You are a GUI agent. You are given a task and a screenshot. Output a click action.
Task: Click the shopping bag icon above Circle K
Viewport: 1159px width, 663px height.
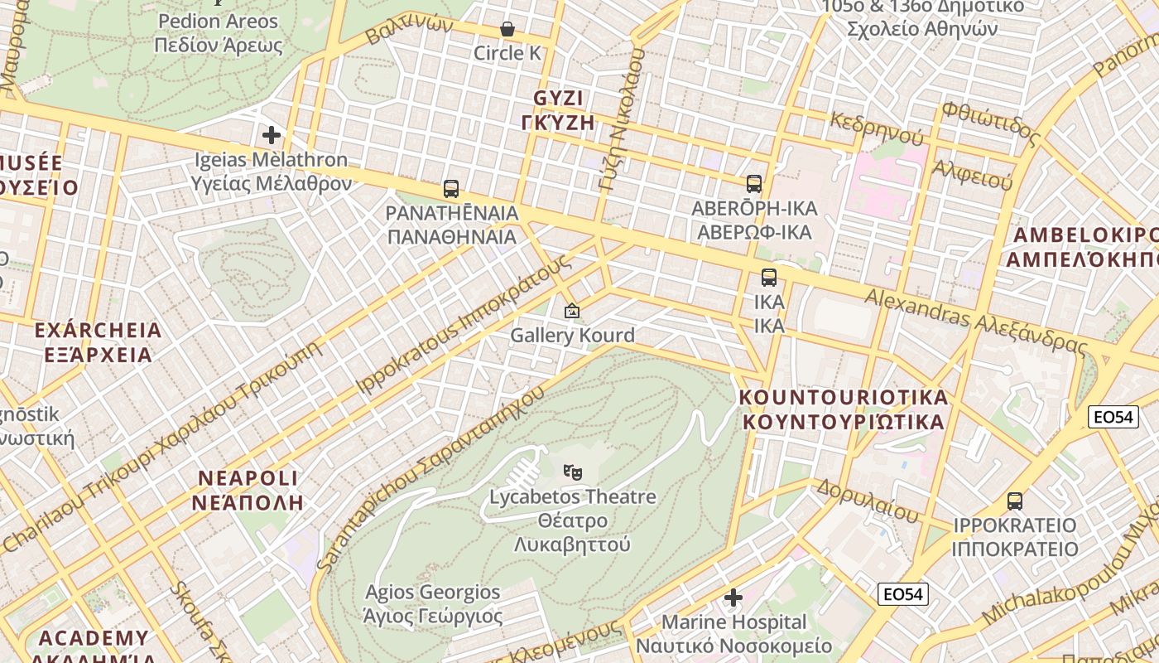click(507, 30)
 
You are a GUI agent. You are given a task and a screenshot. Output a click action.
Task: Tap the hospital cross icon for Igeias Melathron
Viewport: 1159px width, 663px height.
click(272, 135)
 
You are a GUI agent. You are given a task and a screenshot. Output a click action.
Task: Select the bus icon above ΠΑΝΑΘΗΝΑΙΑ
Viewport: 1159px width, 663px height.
click(451, 189)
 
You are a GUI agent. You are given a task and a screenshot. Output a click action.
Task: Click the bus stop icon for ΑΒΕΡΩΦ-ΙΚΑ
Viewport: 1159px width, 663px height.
click(754, 184)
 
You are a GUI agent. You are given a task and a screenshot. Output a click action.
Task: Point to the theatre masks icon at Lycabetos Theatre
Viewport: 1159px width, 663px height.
click(572, 472)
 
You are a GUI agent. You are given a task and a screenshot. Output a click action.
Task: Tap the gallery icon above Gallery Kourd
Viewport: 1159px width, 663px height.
click(571, 312)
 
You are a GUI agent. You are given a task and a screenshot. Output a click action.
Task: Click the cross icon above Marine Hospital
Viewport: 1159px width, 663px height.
click(733, 598)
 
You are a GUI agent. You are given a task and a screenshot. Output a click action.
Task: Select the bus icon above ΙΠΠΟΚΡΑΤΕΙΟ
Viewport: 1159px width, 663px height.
click(1015, 501)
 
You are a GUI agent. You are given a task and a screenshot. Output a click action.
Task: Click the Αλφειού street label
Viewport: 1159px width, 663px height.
click(973, 175)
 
